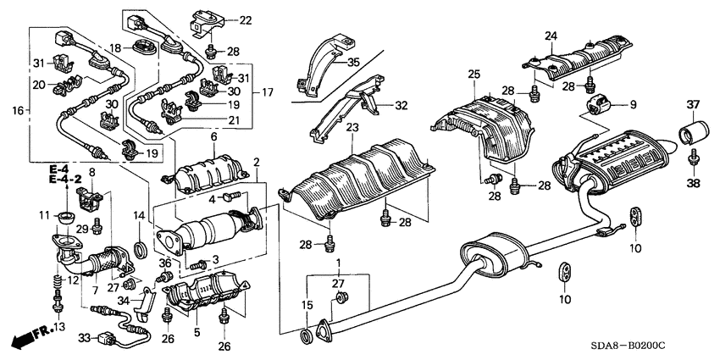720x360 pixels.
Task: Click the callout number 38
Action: [694, 181]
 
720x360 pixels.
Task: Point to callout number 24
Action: [551, 36]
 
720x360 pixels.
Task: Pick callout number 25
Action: [474, 76]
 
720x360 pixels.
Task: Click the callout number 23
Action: [352, 128]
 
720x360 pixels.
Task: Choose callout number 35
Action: [354, 61]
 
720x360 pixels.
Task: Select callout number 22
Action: [221, 19]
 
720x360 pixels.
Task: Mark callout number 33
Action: [84, 337]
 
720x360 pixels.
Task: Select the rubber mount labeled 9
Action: [600, 107]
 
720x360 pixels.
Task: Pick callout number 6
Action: [214, 136]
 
